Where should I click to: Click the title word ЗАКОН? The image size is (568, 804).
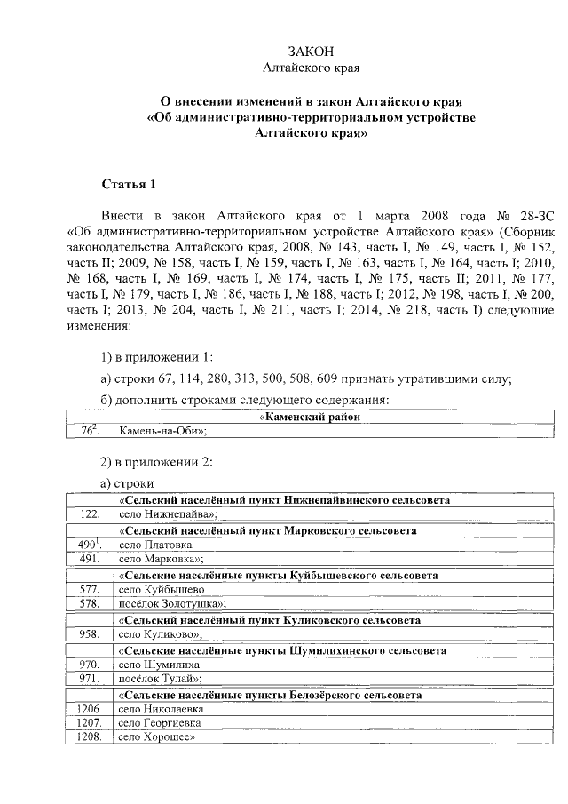pos(310,50)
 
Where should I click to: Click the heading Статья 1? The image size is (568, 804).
pos(129,185)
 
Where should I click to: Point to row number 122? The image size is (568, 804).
pos(89,513)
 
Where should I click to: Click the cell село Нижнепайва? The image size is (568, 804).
pos(169,513)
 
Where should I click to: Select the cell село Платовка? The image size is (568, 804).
pos(156,545)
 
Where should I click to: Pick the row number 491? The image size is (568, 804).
pos(89,559)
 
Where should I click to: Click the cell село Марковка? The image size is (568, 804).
pos(161,559)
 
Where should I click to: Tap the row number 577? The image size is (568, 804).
pos(89,589)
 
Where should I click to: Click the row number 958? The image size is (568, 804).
pos(89,634)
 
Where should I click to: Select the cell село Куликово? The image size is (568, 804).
pos(161,634)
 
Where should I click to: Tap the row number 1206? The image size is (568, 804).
pos(89,710)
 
